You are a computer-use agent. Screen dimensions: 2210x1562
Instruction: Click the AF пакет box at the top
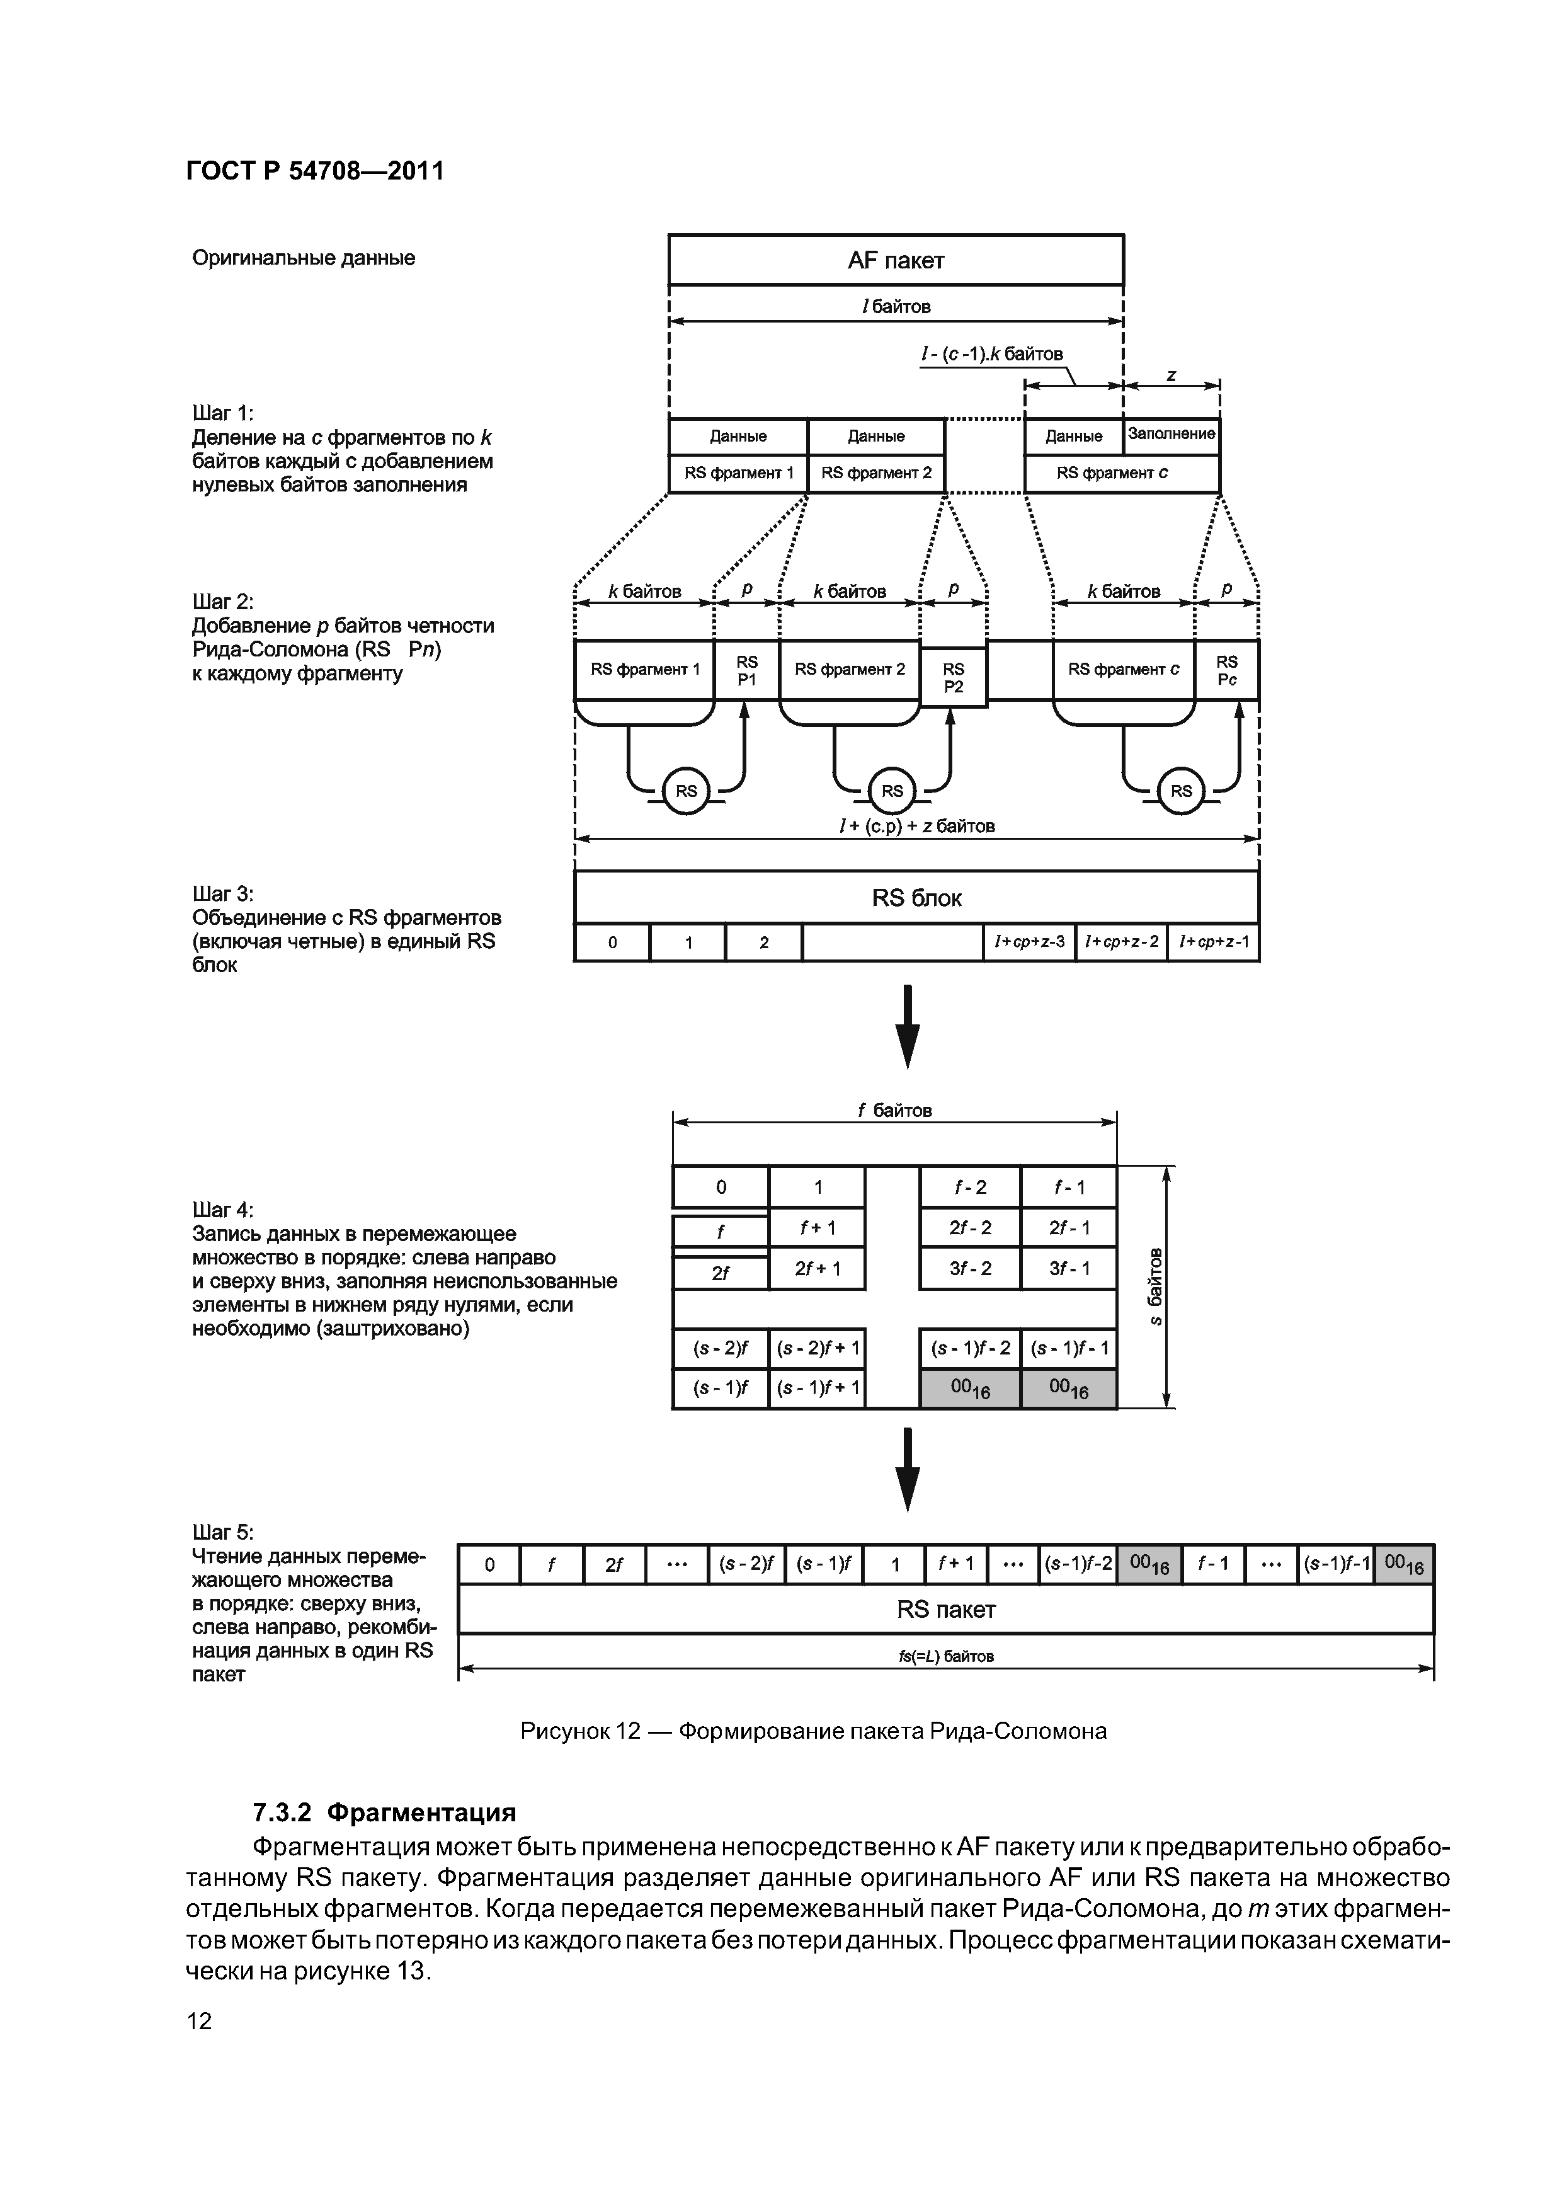[895, 260]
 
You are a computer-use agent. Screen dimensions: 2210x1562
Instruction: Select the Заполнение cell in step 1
[1171, 435]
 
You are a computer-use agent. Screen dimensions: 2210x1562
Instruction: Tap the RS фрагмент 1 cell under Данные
[738, 472]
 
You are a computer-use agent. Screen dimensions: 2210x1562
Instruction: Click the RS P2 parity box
[953, 678]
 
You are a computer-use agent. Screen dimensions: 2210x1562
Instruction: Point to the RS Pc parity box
[1226, 670]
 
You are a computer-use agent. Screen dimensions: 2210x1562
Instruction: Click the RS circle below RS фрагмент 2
[892, 791]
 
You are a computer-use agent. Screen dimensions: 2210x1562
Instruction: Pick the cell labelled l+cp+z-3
[1029, 942]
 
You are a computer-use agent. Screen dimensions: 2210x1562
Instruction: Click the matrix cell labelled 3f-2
[970, 1269]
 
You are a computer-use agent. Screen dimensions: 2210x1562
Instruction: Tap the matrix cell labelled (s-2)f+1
[817, 1349]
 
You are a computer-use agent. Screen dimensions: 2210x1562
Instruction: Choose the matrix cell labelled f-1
[1068, 1188]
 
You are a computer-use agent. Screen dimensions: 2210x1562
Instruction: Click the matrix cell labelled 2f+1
[817, 1269]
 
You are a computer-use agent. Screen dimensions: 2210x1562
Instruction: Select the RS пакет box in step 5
[945, 1610]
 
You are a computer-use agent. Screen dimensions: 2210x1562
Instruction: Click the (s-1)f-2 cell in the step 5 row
[1078, 1565]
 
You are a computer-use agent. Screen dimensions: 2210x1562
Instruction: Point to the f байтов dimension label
[894, 1111]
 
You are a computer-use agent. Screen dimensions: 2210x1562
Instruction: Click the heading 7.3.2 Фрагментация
[384, 1812]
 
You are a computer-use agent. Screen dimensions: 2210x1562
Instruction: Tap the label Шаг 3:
[224, 893]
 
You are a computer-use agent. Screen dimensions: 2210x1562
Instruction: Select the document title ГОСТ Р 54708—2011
[315, 171]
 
